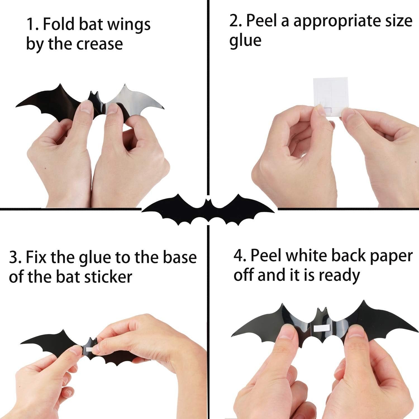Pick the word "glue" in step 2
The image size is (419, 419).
pos(245,41)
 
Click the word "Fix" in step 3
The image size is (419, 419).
pos(36,257)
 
